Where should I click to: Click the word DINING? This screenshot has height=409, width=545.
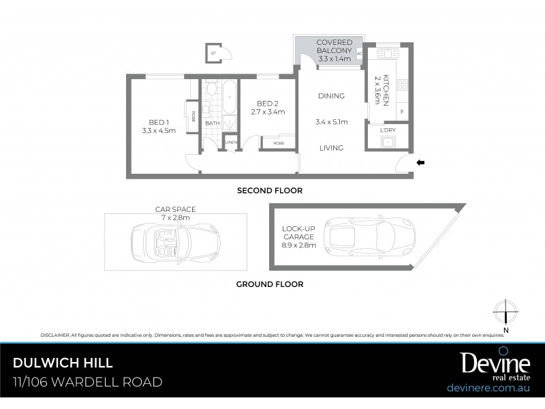click(331, 96)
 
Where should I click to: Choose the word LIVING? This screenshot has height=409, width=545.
click(331, 148)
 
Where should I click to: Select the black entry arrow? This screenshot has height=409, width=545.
click(420, 162)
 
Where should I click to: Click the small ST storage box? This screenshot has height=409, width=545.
click(215, 52)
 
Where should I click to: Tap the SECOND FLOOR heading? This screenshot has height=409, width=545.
click(269, 191)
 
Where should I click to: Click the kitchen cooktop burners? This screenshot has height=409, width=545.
click(402, 85)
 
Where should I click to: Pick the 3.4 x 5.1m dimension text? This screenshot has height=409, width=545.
click(331, 123)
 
